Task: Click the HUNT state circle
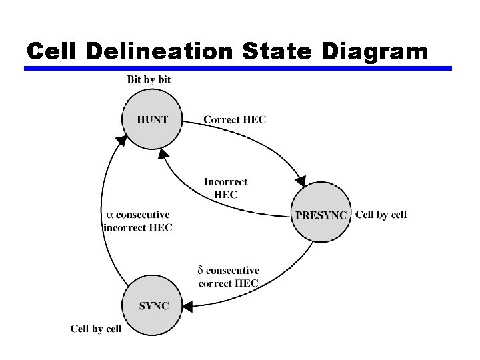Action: (x=153, y=120)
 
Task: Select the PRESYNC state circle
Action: (x=321, y=215)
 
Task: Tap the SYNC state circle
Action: (x=153, y=306)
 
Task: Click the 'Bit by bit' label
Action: (x=149, y=79)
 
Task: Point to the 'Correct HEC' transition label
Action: (x=234, y=120)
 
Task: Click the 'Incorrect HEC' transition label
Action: (x=225, y=188)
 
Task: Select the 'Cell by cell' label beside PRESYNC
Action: (x=381, y=215)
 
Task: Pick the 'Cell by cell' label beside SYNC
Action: (x=96, y=329)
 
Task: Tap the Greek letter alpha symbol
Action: (x=111, y=215)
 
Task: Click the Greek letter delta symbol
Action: (x=200, y=271)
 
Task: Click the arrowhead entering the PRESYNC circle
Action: (x=301, y=180)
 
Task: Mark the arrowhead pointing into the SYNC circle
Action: (x=188, y=307)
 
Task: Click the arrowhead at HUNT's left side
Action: (x=121, y=141)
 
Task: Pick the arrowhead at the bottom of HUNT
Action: (x=163, y=154)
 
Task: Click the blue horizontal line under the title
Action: (x=238, y=68)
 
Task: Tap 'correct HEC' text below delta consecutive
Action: (x=229, y=283)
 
